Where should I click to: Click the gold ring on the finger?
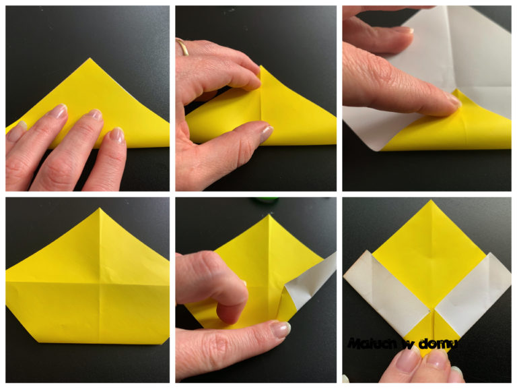(182, 47)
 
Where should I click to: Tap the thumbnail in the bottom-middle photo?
(280, 329)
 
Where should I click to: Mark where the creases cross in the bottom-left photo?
(99, 283)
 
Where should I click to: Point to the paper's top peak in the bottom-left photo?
(100, 208)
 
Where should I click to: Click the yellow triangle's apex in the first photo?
(90, 59)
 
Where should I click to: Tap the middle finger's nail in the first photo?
(95, 114)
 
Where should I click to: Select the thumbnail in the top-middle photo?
(266, 133)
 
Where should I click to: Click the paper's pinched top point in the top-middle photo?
(261, 65)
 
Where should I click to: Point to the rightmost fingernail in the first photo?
(117, 136)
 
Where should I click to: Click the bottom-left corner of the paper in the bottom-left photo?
(39, 342)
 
